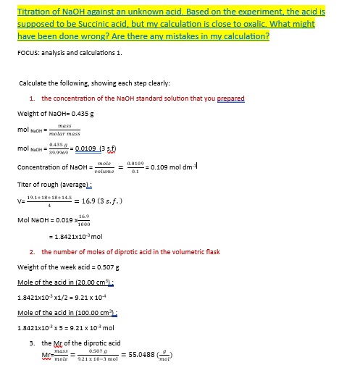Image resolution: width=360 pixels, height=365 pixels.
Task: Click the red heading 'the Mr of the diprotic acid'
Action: click(81, 343)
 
